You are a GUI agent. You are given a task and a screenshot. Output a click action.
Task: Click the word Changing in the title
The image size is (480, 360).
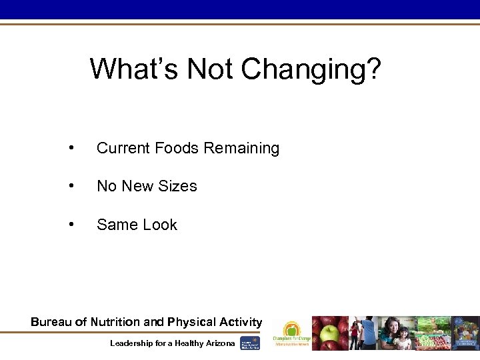pyautogui.click(x=311, y=68)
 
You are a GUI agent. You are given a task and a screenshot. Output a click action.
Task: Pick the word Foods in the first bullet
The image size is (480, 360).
pyautogui.click(x=177, y=148)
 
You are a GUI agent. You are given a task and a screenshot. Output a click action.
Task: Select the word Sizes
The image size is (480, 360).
pyautogui.click(x=177, y=186)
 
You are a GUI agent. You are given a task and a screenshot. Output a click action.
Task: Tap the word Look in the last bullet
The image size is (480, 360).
pyautogui.click(x=160, y=225)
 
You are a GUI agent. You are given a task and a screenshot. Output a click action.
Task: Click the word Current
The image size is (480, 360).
pyautogui.click(x=124, y=148)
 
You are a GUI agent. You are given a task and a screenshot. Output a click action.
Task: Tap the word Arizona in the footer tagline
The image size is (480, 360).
pyautogui.click(x=217, y=343)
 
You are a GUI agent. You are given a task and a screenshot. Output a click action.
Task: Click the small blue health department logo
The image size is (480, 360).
pyautogui.click(x=249, y=343)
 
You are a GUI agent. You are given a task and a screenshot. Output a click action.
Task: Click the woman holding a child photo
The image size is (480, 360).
pyautogui.click(x=397, y=333)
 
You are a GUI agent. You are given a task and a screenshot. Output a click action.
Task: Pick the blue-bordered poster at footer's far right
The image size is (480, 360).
pyautogui.click(x=466, y=333)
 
